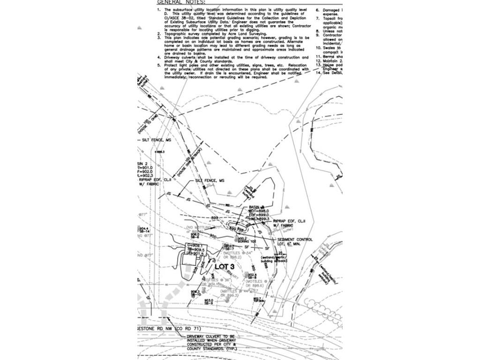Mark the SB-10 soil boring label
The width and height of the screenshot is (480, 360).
coord(196,294)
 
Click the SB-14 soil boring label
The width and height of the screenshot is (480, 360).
coord(144,232)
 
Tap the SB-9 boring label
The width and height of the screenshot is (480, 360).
coord(208,303)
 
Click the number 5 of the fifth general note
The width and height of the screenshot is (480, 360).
coord(159,65)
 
